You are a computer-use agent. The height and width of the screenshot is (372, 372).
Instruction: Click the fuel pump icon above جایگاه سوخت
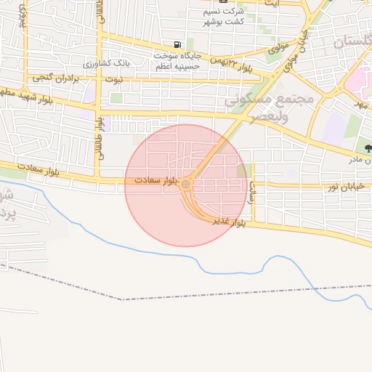tap(179, 44)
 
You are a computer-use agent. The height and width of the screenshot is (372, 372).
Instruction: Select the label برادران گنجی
tap(53, 76)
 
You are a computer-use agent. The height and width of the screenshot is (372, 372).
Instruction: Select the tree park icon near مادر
tap(368, 148)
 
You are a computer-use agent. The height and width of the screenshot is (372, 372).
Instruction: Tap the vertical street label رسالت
tap(252, 190)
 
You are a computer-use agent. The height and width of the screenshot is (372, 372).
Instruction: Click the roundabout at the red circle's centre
tap(186, 185)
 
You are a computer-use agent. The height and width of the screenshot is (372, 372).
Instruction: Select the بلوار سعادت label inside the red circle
tap(155, 179)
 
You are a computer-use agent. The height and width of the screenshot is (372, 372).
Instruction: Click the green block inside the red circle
tap(241, 171)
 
